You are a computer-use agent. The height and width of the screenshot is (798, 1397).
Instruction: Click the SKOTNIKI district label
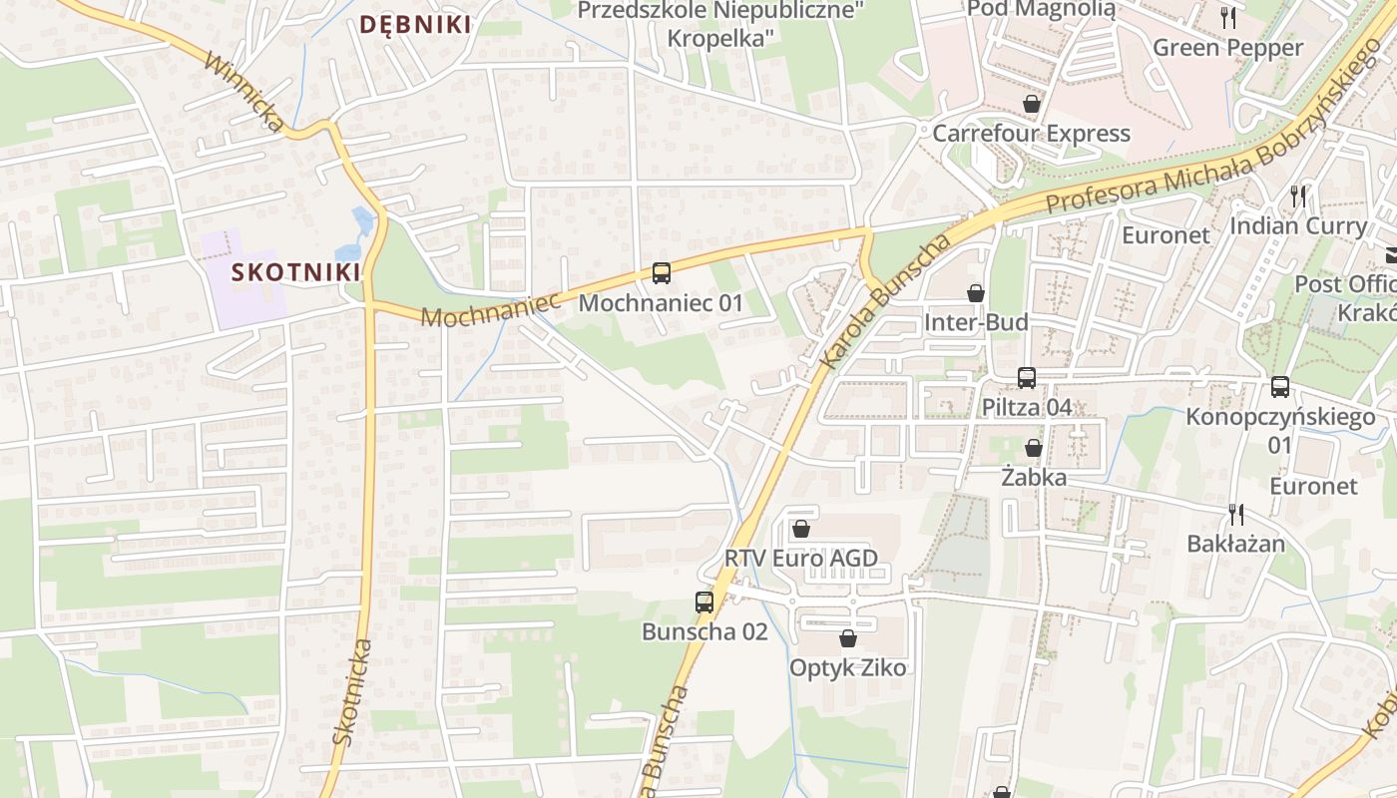point(295,271)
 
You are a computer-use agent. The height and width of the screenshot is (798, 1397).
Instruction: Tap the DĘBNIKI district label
point(414,25)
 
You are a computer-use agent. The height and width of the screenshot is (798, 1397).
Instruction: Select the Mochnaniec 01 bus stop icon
point(661,272)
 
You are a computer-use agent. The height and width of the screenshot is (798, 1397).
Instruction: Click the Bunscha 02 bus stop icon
point(704,602)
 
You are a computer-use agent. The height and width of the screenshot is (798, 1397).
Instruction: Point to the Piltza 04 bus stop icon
point(1026,378)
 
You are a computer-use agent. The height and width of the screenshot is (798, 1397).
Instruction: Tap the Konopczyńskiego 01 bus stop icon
point(1280,387)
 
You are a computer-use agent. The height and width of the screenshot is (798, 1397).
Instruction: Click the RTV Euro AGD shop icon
point(800,529)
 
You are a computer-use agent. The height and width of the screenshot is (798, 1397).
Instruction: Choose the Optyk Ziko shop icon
point(848,638)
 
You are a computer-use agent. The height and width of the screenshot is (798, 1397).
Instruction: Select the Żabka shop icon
point(1034,448)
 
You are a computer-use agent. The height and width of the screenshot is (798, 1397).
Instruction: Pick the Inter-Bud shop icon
point(976,293)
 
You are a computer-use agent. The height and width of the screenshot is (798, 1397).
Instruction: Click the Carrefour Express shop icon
point(1032,104)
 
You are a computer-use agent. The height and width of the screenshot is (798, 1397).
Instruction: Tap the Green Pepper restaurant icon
point(1228,17)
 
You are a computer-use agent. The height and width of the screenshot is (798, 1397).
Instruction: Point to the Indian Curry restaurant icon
point(1298,196)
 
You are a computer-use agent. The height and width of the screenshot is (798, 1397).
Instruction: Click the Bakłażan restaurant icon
point(1236,515)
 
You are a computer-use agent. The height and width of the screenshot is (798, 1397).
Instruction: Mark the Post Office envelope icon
point(1390,255)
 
